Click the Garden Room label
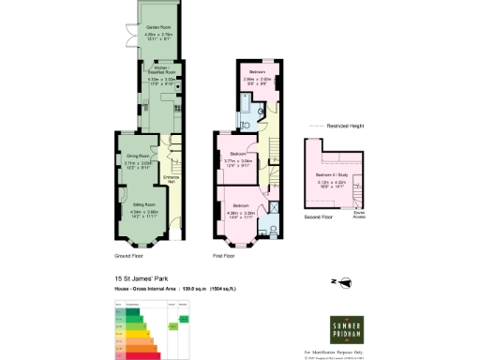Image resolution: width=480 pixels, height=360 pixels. coord(157,29)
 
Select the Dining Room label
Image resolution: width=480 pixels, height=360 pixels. coord(138,157)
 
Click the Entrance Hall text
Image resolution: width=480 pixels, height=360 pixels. coord(172,177)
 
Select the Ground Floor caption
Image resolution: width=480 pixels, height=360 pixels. coord(129,254)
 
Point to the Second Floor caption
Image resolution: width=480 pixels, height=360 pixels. coord(320,217)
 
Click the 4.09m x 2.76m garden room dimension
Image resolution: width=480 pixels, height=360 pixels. coord(157,35)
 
